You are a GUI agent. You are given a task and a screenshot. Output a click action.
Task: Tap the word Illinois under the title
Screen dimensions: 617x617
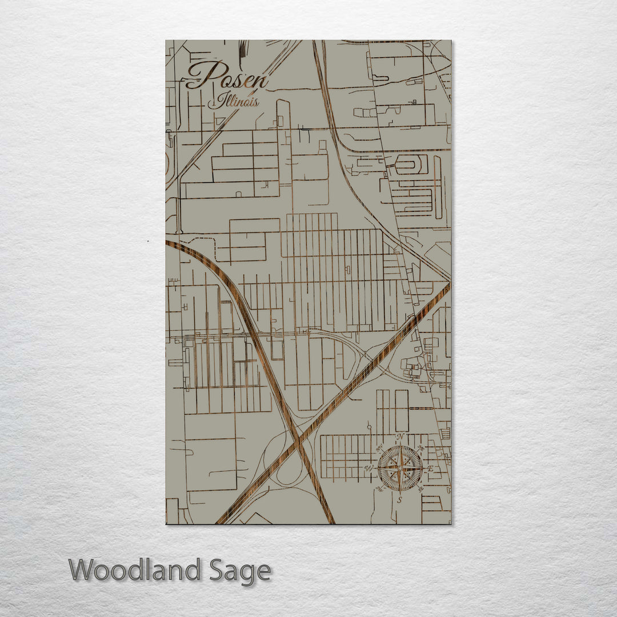pos(233,102)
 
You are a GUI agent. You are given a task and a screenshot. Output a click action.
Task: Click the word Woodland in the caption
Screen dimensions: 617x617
pos(135,570)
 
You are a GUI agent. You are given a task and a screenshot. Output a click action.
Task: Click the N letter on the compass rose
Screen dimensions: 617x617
pos(400,437)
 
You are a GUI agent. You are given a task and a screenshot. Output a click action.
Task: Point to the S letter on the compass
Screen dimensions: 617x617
pos(400,500)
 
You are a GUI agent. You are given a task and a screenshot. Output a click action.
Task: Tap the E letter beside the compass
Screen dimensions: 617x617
pos(431,468)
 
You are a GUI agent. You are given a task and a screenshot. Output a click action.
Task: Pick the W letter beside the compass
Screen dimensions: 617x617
pos(368,468)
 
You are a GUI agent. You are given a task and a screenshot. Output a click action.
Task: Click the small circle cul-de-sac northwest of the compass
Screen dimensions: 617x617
pos(370,426)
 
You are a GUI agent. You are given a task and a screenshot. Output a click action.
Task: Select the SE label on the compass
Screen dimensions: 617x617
pos(421,489)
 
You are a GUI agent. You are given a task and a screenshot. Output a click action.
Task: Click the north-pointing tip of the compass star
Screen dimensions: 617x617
pos(400,447)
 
